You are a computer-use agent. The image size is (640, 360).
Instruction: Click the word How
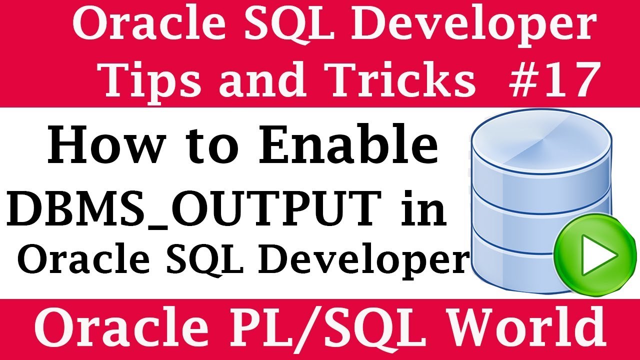(x=105, y=146)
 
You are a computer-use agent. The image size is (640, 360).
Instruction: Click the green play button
(x=588, y=255)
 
